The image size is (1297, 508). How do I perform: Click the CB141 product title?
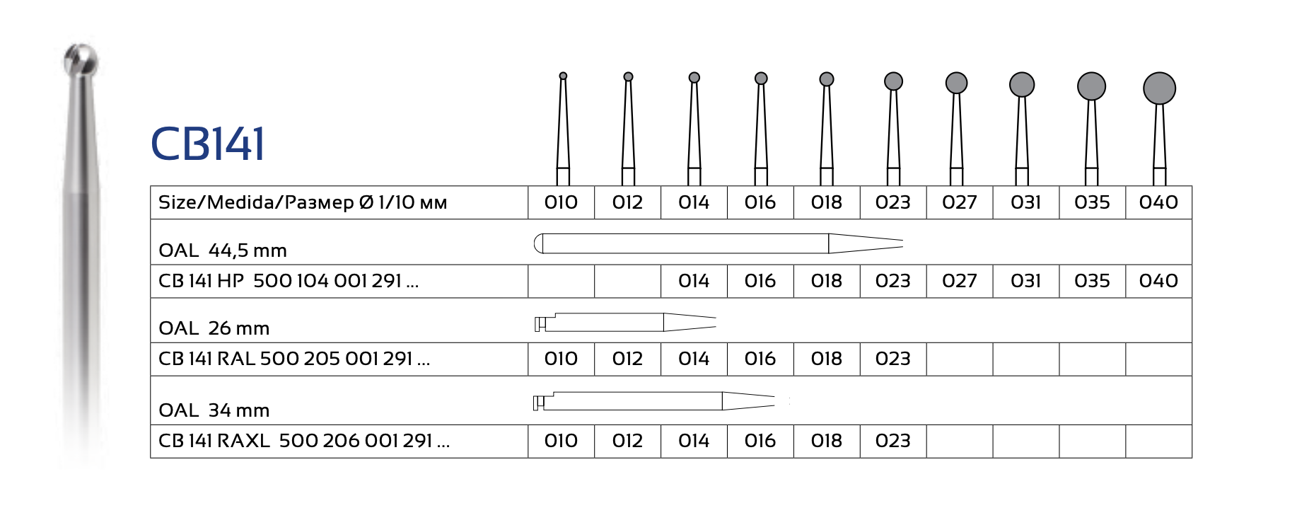point(208,144)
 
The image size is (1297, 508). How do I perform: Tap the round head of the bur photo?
point(81,59)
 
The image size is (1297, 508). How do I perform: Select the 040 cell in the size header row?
point(1158,202)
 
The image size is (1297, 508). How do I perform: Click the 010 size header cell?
point(561,202)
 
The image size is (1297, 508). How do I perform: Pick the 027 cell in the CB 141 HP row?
point(959,281)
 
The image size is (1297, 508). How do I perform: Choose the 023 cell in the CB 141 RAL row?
point(892,359)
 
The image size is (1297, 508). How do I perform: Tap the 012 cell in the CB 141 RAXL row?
point(627,441)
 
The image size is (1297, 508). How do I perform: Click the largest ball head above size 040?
point(1159,88)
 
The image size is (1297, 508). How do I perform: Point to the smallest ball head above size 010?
point(563,76)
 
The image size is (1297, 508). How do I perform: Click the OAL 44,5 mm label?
point(223,250)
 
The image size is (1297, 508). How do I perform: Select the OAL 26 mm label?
point(214,328)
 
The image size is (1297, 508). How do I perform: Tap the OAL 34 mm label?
point(214,410)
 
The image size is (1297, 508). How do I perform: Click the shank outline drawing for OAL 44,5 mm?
point(718,243)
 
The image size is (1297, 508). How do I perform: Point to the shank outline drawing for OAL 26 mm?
point(625,323)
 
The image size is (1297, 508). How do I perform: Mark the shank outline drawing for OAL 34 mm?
point(653,401)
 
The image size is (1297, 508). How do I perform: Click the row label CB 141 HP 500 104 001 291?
point(289,281)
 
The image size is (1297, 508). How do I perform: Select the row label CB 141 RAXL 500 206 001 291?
point(304,441)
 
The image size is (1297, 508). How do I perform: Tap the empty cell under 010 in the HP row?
point(562,281)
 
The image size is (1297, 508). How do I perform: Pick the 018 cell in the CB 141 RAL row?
point(826,359)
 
